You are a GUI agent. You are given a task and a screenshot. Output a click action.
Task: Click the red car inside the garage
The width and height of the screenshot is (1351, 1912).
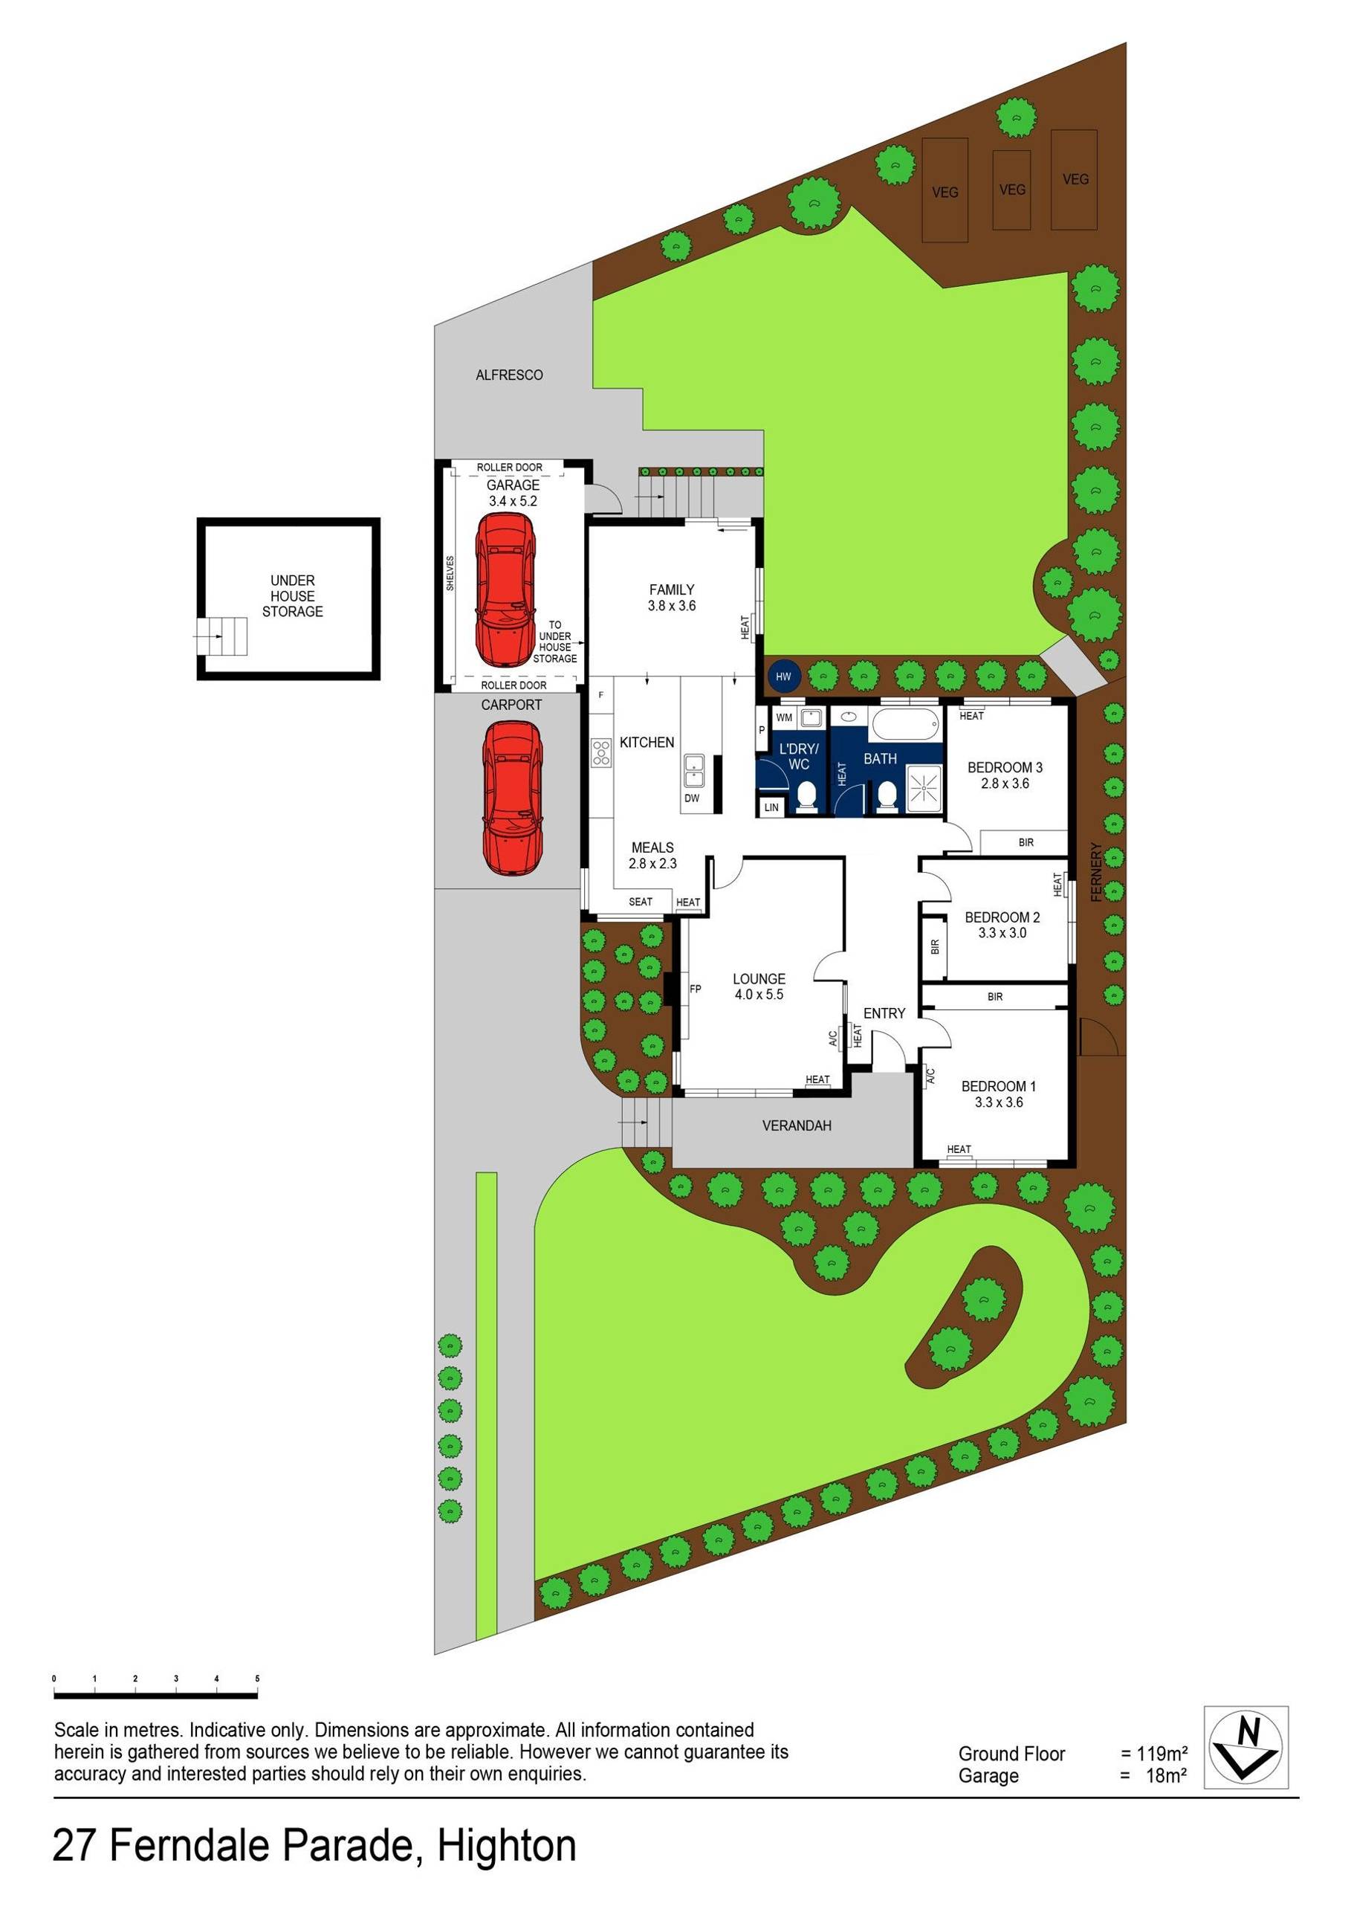point(505,588)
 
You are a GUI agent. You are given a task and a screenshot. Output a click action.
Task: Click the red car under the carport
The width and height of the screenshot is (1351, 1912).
point(511,797)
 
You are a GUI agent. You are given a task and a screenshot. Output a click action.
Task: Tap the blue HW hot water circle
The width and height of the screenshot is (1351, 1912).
point(783,676)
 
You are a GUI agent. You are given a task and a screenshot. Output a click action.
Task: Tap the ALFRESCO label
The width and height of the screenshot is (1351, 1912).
point(510,375)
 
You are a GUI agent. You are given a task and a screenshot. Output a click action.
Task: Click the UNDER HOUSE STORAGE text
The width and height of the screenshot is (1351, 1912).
point(292,595)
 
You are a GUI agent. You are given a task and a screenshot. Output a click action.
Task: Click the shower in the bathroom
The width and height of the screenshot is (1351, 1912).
point(922,785)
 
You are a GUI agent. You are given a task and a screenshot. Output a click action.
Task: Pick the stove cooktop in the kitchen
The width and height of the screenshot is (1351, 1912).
point(600,753)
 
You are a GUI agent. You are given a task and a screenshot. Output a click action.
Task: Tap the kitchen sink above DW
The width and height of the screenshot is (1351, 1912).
point(693,770)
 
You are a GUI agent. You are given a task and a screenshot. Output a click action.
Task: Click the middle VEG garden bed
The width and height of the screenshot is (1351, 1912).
point(1011,190)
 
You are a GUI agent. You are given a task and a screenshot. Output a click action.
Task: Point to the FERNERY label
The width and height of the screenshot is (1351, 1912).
point(1095,872)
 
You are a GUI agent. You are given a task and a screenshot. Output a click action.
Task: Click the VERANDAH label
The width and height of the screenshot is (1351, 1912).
point(797,1126)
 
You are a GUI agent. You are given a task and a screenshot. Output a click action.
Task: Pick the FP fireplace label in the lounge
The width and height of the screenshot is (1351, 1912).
point(695,989)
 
